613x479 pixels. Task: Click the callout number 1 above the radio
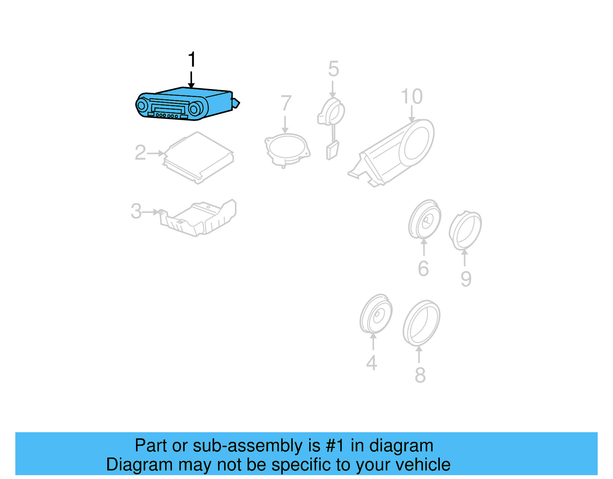coord(192,60)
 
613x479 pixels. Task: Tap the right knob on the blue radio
coord(194,109)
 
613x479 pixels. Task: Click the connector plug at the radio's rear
coord(236,103)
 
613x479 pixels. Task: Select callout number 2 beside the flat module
coord(140,153)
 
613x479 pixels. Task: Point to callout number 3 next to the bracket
coord(136,211)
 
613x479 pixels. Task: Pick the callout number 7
coord(286,103)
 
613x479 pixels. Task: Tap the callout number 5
coord(333,69)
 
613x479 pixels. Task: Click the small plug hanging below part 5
coord(332,150)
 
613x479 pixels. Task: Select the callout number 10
coord(411,97)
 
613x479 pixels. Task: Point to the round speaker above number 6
coord(425,219)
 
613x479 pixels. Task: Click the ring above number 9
coord(465,230)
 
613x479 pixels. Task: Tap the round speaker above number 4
coord(376,314)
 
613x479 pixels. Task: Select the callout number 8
coord(420,375)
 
